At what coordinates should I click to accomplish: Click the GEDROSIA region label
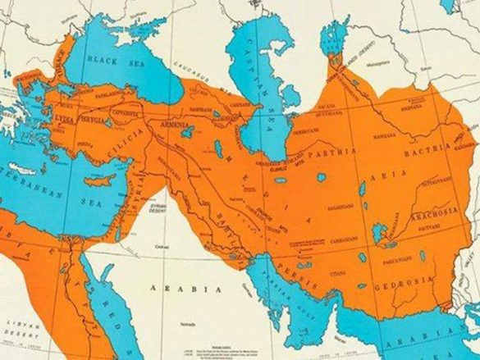pos(395,289)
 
